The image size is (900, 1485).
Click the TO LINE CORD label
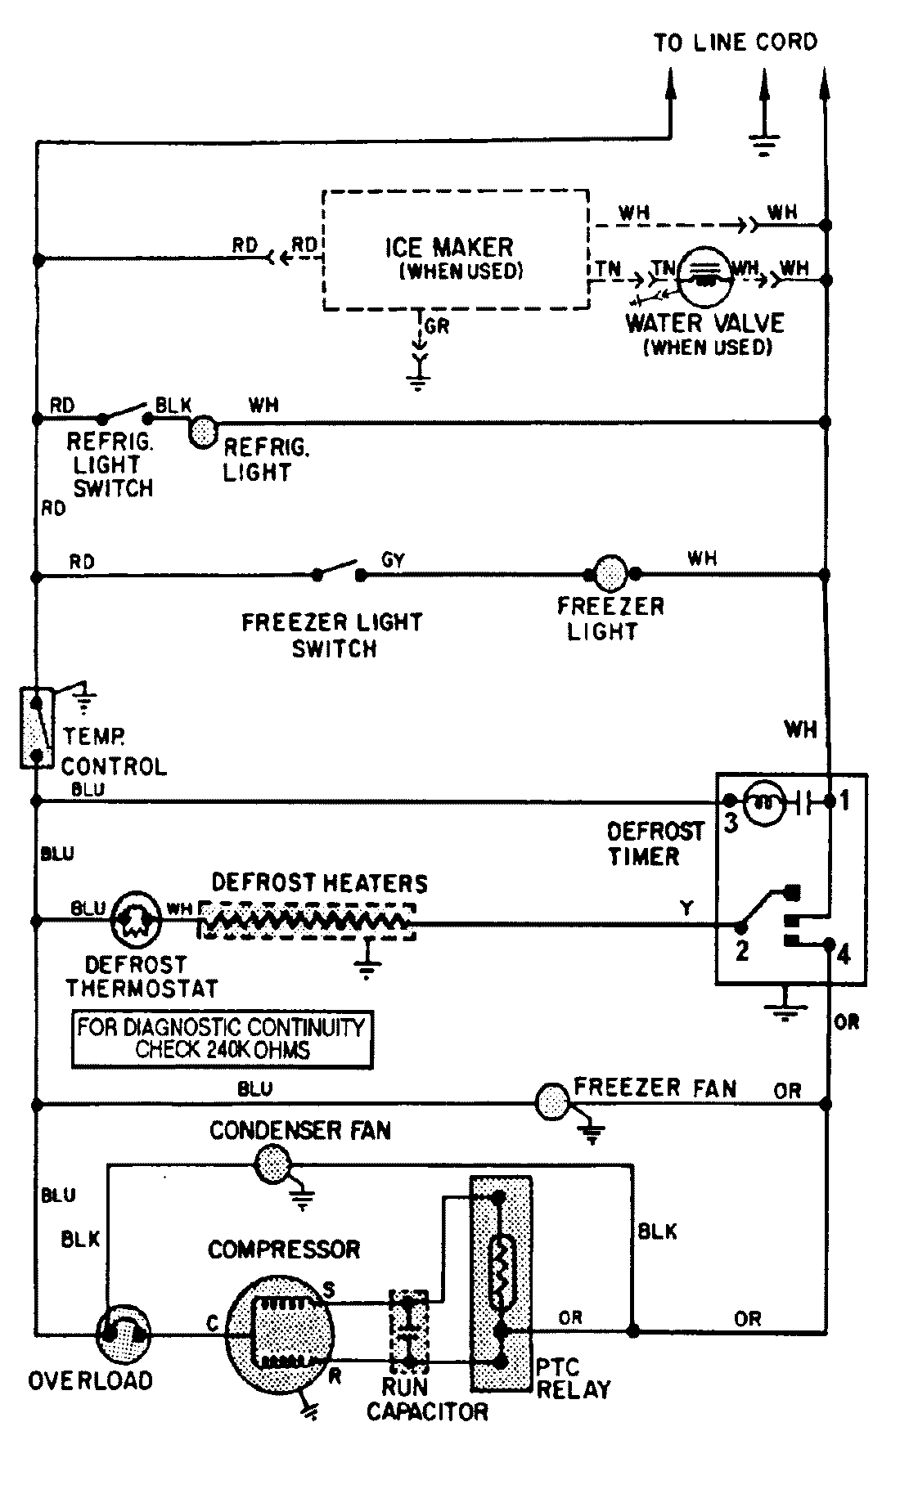click(x=734, y=43)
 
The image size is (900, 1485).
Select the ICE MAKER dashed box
click(x=455, y=250)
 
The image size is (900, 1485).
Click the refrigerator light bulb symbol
click(x=202, y=431)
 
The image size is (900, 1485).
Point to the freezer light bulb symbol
click(x=610, y=574)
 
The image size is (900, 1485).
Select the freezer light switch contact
click(x=338, y=570)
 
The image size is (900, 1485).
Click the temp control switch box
click(x=35, y=728)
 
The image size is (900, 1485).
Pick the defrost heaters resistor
click(x=306, y=922)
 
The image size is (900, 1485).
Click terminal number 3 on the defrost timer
click(x=731, y=823)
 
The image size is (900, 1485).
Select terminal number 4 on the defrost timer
click(x=843, y=953)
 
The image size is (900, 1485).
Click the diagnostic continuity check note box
click(x=222, y=1039)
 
